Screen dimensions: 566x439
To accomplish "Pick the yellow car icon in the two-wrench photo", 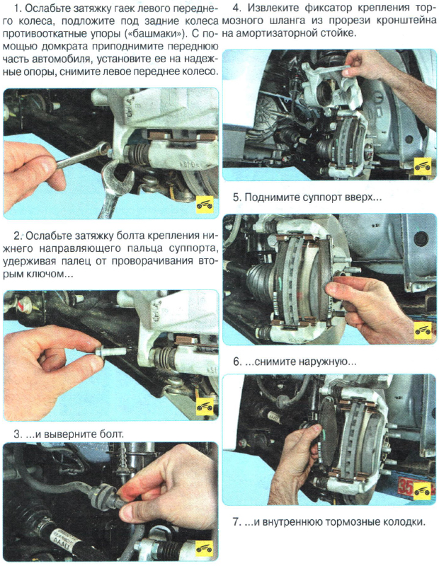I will pyautogui.click(x=204, y=203).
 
